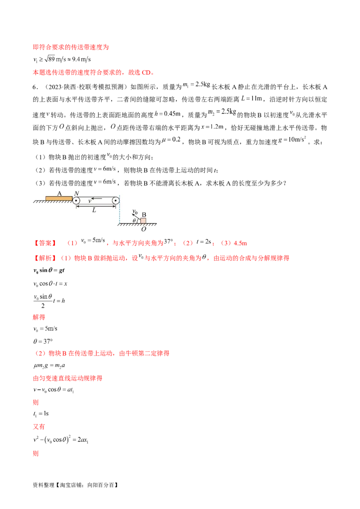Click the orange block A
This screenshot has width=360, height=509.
point(59,197)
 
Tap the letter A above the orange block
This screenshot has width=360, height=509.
point(59,192)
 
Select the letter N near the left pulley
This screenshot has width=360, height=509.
point(76,193)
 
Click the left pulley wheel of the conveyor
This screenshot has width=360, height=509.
point(76,201)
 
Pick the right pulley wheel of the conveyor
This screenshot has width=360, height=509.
point(116,201)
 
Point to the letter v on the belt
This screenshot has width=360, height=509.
point(90,201)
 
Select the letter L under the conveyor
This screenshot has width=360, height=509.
point(94,210)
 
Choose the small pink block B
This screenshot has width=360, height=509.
point(143,220)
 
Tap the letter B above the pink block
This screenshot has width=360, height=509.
point(144,214)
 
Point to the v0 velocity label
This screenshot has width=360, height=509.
point(135,211)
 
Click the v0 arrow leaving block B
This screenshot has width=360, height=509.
point(136,217)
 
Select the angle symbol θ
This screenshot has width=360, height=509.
point(134,221)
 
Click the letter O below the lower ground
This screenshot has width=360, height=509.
point(143,229)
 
